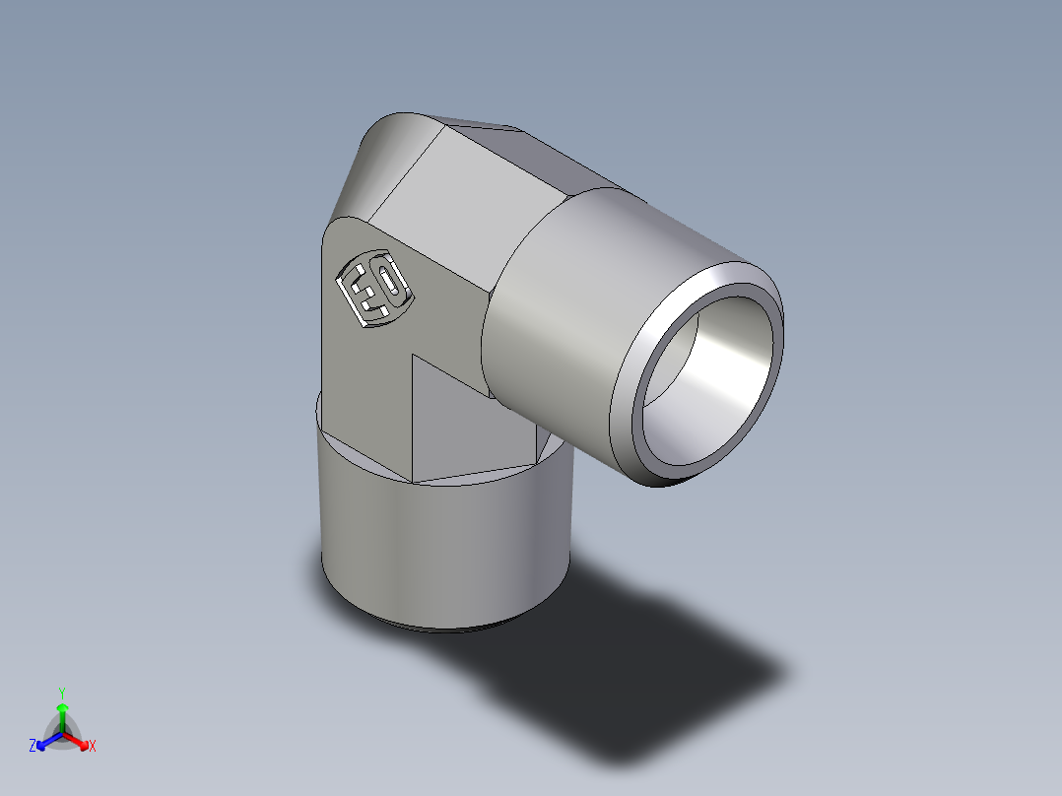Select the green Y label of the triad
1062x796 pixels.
61,692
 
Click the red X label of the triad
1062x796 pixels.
93,747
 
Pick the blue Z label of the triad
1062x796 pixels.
33,747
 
